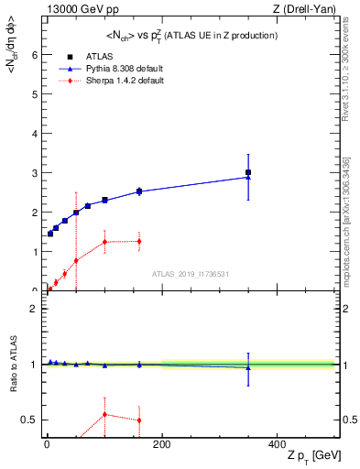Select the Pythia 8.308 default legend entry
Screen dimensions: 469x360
[115, 68]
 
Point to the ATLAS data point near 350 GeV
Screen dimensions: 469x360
[248, 172]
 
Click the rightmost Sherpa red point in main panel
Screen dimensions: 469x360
[139, 241]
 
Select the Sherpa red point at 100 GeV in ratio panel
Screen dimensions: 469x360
[104, 414]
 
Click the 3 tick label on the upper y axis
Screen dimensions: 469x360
[35, 172]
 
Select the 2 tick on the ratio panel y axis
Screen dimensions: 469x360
[35, 309]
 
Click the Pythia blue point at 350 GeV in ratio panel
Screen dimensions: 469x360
[248, 367]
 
